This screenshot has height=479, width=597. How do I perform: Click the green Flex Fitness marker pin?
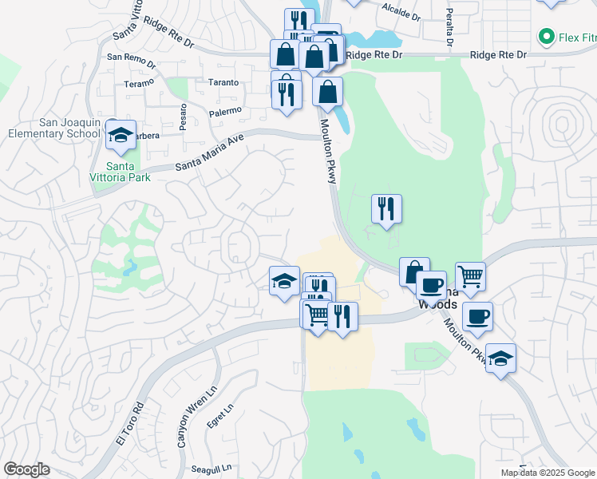click(x=547, y=36)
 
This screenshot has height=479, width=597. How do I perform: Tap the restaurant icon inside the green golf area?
click(x=386, y=209)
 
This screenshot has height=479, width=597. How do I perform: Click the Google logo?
click(x=26, y=469)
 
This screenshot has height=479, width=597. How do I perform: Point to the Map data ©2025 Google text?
click(x=548, y=473)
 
